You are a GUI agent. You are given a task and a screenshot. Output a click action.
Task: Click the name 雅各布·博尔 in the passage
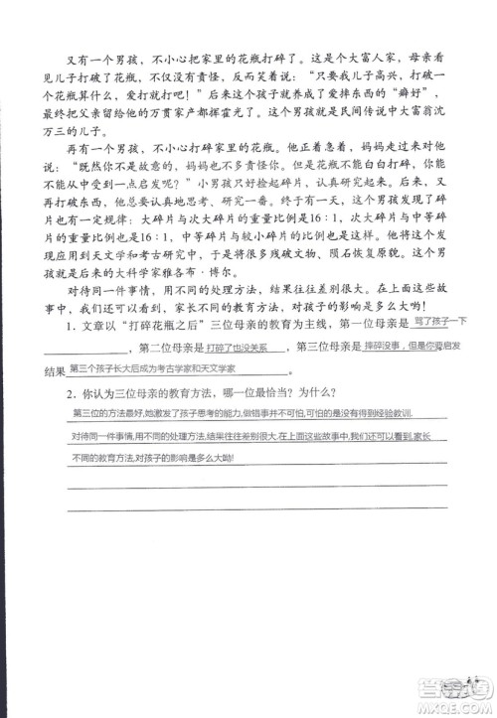(x=411, y=307)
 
